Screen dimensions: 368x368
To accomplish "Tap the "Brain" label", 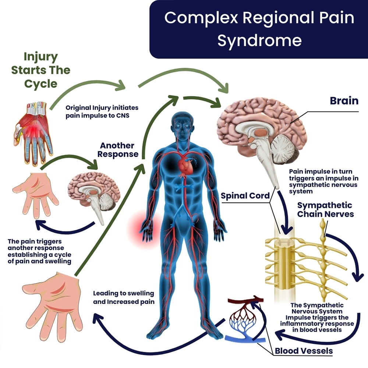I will [x=344, y=100].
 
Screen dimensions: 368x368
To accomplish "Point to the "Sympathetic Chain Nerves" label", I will [x=325, y=209].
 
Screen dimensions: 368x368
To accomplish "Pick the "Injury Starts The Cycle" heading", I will [x=41, y=70].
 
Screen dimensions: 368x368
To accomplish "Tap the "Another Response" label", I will [x=117, y=149].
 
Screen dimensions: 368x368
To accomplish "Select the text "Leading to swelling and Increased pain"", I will [x=123, y=297].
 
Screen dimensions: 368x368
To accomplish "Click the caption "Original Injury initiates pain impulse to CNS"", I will [x=102, y=112].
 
